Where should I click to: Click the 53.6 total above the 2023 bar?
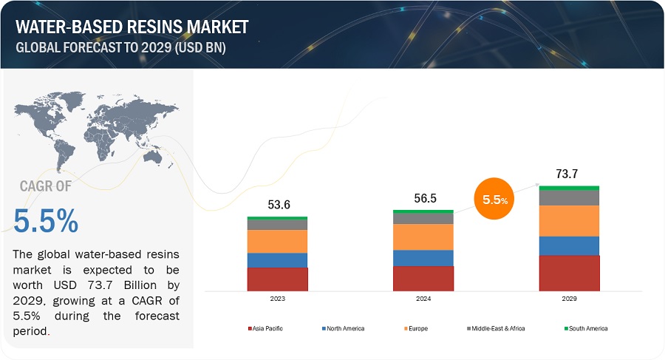click(278, 205)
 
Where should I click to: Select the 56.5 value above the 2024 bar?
click(423, 199)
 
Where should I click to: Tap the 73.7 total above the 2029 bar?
click(569, 174)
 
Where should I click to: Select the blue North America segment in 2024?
click(423, 258)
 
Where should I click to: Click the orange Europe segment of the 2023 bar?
click(278, 241)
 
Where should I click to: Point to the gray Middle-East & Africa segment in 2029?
click(569, 197)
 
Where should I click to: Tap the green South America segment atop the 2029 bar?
click(569, 188)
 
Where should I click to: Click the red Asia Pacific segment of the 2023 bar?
click(278, 279)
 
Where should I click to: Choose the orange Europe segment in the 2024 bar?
click(423, 237)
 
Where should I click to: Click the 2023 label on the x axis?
click(278, 299)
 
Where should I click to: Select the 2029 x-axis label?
click(569, 299)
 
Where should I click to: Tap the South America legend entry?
click(587, 328)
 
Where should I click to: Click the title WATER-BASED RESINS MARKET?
click(132, 27)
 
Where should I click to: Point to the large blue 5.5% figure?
click(46, 221)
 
